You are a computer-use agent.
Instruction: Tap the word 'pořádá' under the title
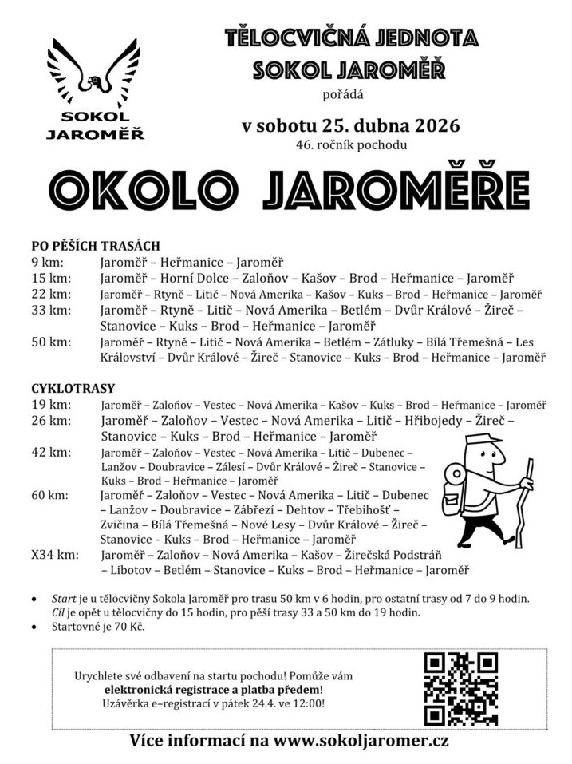click(x=342, y=96)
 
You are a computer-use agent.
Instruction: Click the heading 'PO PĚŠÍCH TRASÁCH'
click(x=96, y=246)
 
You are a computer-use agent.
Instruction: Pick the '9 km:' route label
click(x=48, y=262)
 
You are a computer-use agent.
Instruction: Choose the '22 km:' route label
click(x=51, y=294)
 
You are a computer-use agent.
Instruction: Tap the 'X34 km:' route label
click(x=55, y=554)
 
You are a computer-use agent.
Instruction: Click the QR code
click(x=460, y=688)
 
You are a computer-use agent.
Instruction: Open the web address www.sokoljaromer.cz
click(x=361, y=740)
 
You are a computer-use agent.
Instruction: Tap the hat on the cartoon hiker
click(x=482, y=440)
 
